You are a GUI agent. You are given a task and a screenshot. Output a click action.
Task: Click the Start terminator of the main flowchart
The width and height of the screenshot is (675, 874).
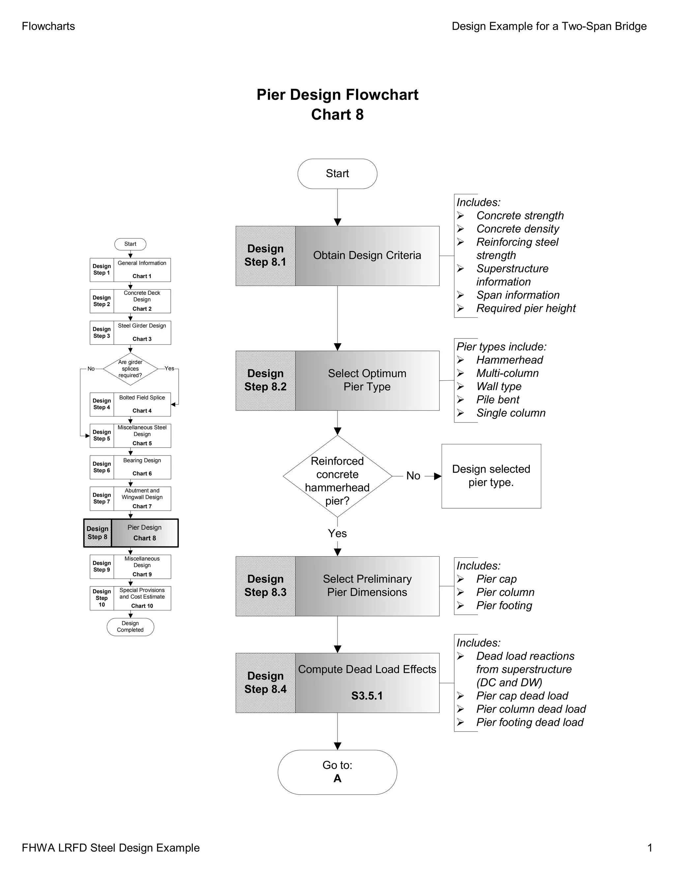click(x=337, y=174)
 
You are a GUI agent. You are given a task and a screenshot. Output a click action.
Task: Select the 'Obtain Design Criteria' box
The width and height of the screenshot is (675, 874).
click(x=367, y=256)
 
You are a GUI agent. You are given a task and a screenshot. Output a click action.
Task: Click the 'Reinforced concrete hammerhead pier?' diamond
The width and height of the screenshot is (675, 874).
click(x=337, y=476)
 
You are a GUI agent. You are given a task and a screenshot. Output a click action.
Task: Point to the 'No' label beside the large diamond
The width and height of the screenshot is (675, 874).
click(x=413, y=476)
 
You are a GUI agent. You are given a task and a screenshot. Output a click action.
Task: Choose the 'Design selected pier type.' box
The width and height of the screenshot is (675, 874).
click(x=491, y=476)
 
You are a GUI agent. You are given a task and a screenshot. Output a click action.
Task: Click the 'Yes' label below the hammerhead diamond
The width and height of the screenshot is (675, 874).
click(x=337, y=533)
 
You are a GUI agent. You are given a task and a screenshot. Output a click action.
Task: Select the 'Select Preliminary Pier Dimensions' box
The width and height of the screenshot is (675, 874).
click(x=367, y=586)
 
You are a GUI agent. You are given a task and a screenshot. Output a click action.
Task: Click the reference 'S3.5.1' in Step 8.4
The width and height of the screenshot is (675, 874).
click(x=367, y=696)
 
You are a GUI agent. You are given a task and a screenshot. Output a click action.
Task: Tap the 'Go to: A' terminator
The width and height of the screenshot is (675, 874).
click(x=337, y=772)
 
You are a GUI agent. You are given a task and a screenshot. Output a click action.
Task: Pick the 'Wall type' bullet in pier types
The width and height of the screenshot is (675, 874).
click(x=499, y=387)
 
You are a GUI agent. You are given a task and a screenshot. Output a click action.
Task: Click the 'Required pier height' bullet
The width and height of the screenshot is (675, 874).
click(x=525, y=309)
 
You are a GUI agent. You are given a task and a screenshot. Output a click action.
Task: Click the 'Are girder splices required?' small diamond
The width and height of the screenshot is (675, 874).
click(x=131, y=369)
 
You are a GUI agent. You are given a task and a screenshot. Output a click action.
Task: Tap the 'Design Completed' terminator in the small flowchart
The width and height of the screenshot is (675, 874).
click(x=131, y=627)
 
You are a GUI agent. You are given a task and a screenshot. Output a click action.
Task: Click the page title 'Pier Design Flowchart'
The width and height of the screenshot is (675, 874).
click(x=337, y=95)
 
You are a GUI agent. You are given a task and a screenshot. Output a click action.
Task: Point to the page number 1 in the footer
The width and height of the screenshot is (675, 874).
click(x=649, y=848)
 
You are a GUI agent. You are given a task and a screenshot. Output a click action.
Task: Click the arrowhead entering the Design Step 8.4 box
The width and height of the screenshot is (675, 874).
click(x=337, y=649)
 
